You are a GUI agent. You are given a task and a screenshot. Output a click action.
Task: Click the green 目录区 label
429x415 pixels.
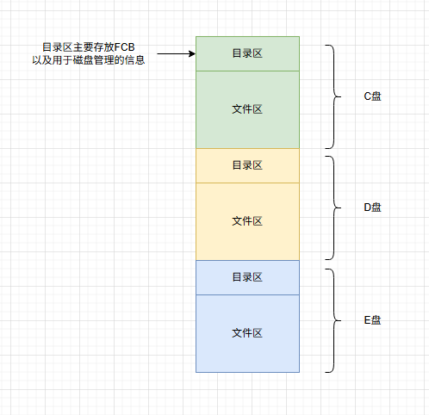point(247,53)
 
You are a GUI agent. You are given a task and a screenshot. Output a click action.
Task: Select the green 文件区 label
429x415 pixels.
point(247,109)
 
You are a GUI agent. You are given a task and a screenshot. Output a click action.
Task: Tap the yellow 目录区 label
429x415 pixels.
point(247,165)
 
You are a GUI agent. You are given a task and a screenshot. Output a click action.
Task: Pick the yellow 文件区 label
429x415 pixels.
point(247,221)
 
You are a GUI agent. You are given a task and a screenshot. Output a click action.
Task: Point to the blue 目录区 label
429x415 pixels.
point(247,277)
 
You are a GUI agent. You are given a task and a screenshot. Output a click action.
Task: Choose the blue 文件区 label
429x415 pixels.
point(247,333)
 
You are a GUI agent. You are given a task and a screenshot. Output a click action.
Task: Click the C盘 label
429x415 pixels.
point(372,96)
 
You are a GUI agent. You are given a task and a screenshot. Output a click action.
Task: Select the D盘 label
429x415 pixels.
point(372,207)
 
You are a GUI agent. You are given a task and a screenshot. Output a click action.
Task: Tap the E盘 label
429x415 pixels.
point(372,320)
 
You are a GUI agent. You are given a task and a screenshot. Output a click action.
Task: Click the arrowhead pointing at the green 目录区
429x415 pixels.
point(192,53)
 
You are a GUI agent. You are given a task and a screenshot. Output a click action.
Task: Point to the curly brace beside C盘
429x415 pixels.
point(334,96)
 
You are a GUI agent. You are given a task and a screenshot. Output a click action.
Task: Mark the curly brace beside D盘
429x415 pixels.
point(334,207)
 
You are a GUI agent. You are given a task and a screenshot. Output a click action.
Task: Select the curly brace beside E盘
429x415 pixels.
point(334,320)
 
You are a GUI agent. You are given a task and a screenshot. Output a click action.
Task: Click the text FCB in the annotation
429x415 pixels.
point(124,47)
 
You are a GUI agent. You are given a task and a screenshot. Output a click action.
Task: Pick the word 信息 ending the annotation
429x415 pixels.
point(134,60)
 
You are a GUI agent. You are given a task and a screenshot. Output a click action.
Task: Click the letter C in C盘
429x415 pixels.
point(368,96)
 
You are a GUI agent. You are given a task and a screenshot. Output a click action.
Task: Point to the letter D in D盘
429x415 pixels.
point(368,207)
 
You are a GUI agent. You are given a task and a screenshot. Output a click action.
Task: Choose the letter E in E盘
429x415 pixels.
point(368,320)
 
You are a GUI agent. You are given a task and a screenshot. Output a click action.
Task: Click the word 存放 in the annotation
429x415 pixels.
point(104,47)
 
